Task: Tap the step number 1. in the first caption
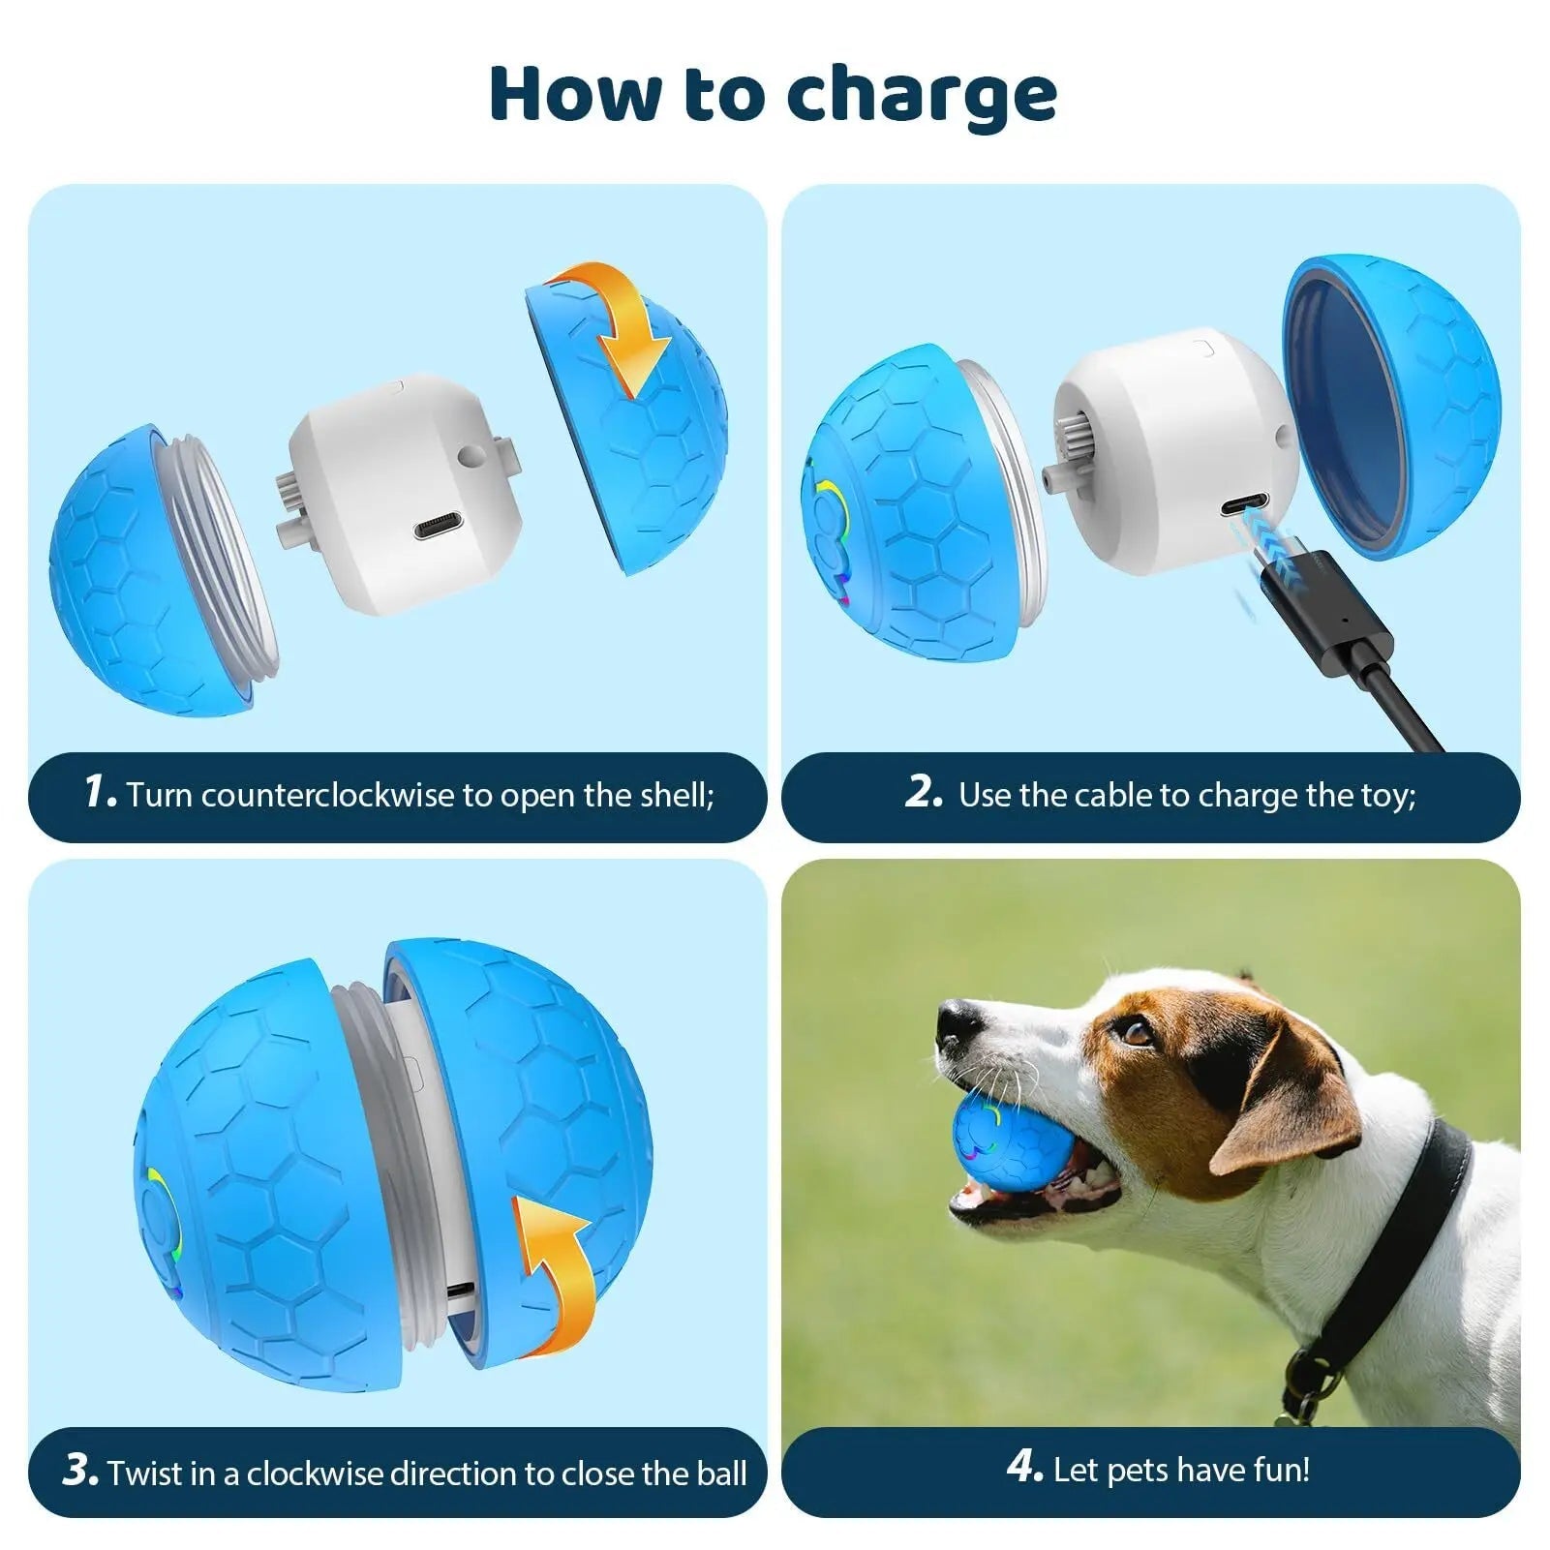[101, 791]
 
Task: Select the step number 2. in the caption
[924, 791]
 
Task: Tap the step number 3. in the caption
[80, 1470]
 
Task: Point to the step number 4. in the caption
[1024, 1467]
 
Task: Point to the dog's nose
[958, 1020]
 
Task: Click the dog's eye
[1135, 1033]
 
